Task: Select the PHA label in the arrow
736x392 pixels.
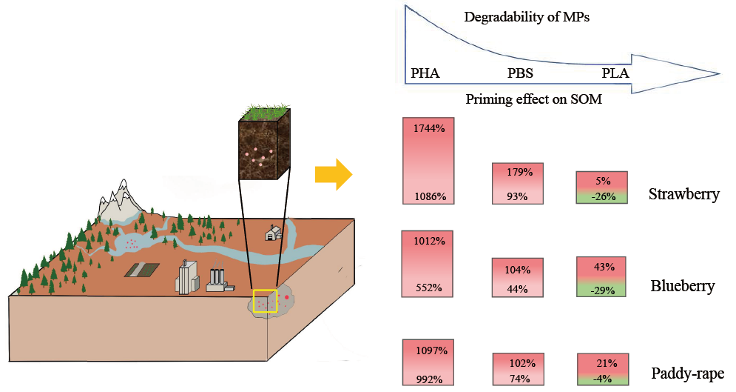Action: click(425, 73)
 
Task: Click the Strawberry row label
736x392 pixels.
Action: click(683, 196)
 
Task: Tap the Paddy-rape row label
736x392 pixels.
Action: click(687, 373)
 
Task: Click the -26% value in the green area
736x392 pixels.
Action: click(601, 197)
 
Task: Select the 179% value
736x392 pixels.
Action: click(517, 173)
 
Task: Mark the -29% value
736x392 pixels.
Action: click(601, 289)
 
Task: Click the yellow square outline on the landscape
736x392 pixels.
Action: click(265, 302)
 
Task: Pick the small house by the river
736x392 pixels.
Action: click(274, 233)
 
